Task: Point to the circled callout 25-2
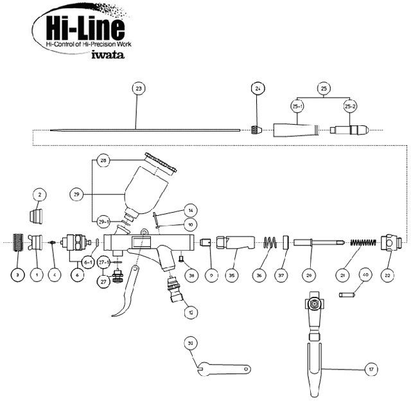click(351, 105)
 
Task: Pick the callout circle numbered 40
click(366, 275)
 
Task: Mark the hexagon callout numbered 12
click(189, 312)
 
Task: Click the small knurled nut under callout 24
click(256, 129)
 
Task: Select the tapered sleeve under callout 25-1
click(297, 128)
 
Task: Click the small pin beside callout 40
click(347, 295)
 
